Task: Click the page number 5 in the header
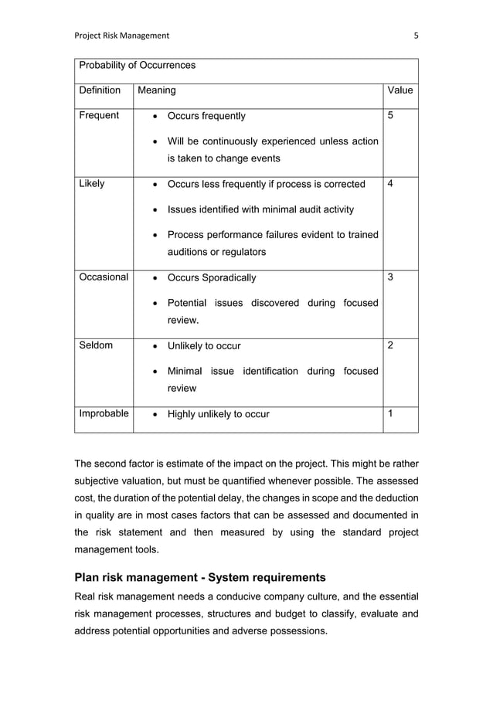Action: (416, 36)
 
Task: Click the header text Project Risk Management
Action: (121, 36)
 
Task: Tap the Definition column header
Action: (100, 90)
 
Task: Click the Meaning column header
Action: (156, 90)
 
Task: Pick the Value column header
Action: (399, 90)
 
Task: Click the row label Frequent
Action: (99, 116)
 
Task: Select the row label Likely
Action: (92, 184)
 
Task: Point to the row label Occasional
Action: (104, 277)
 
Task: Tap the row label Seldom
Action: (96, 345)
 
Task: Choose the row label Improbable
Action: (104, 413)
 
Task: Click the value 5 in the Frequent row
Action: (390, 116)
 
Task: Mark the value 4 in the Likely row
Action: (390, 184)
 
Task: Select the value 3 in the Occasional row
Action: (390, 277)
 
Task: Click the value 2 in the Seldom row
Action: (390, 345)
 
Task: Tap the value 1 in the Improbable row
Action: (390, 413)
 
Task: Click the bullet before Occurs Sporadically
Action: (156, 278)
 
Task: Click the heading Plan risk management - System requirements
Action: (200, 577)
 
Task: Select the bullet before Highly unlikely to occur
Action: (156, 415)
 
